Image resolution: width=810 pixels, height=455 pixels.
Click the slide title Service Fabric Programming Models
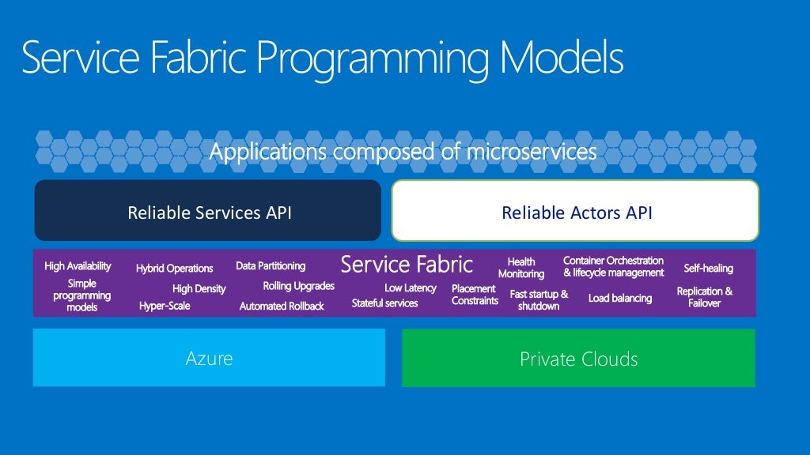point(322,58)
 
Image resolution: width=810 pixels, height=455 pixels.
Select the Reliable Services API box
point(208,212)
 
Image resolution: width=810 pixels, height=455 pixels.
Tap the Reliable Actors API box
point(576,212)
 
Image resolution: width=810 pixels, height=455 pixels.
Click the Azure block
point(209,358)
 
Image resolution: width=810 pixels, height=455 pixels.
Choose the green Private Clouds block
point(578,359)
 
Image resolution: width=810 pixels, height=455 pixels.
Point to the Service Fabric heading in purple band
point(406,264)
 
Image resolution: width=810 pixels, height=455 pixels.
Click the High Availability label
point(78,266)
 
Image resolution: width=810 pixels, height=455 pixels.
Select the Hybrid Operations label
point(174,269)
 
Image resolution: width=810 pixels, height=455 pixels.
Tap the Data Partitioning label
point(270,266)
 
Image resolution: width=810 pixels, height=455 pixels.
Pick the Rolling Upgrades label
point(298,286)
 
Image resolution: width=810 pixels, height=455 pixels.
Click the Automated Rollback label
point(282,306)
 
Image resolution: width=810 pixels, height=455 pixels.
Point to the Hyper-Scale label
point(165,306)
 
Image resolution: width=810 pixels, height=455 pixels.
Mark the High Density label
point(199,289)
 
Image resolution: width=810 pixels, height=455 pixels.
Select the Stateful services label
point(384,303)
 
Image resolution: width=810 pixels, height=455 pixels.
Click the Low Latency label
point(410,288)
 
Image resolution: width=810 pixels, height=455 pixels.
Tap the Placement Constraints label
point(475,295)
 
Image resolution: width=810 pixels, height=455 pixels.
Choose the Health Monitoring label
point(520,268)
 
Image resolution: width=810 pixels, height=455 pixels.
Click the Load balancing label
point(620,299)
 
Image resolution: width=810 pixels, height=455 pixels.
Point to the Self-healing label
point(708,269)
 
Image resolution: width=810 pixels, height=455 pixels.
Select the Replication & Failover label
point(704,297)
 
